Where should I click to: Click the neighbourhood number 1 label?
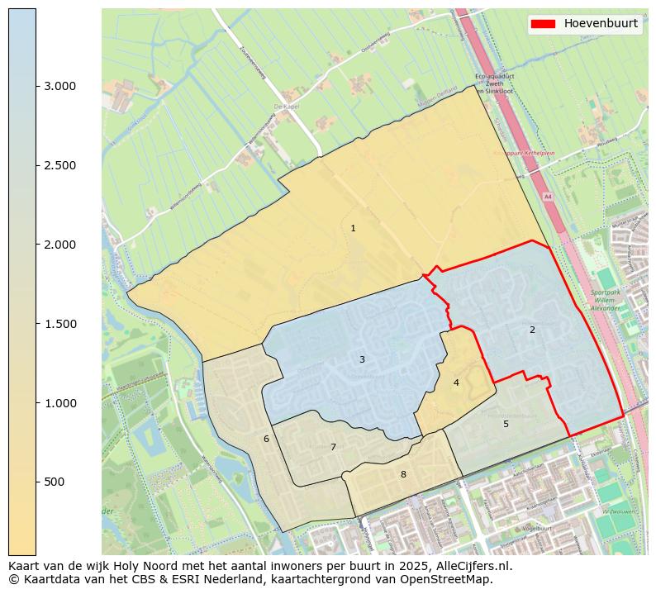coord(353,228)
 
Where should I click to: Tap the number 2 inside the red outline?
coord(532,330)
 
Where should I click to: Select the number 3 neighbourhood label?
coord(362,359)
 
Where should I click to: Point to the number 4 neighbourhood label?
coord(456,383)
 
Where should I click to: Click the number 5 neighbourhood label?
coord(506,424)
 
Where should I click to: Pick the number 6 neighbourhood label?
coord(266,439)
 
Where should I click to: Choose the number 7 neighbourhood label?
coord(333,447)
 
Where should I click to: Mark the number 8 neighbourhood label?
coord(403,474)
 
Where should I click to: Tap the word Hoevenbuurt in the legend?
coord(601,24)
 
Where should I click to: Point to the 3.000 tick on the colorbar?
coord(59,86)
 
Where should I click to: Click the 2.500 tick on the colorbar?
coord(59,165)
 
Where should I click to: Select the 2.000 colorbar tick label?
coord(59,245)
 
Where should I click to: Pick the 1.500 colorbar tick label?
coord(59,324)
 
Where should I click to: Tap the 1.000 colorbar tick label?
coord(59,403)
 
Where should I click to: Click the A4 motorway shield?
coord(547,197)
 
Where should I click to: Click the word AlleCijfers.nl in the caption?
coord(473,566)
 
